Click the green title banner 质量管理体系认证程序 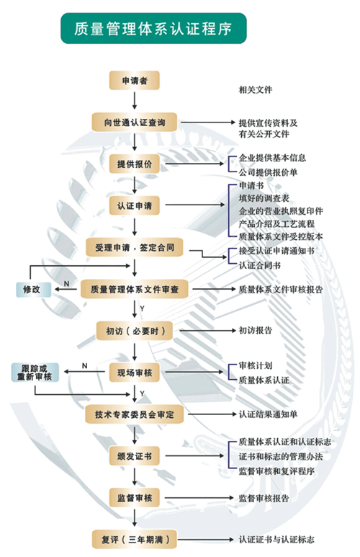click(x=153, y=28)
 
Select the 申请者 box click(x=134, y=81)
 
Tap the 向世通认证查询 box click(x=134, y=122)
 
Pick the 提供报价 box click(x=134, y=164)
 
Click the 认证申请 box click(x=134, y=205)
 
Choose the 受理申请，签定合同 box click(x=134, y=248)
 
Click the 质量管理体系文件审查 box click(x=134, y=289)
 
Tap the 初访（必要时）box click(x=134, y=331)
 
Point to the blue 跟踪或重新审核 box click(x=35, y=373)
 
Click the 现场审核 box click(x=134, y=373)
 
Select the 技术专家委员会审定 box click(x=134, y=414)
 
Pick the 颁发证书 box click(x=134, y=456)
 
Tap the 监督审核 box click(x=134, y=498)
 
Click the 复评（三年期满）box click(x=134, y=540)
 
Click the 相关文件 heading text click(x=256, y=90)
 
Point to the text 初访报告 click(x=256, y=330)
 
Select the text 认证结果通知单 click(x=268, y=414)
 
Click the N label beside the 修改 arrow click(x=66, y=283)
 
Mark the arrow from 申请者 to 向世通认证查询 click(x=134, y=101)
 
